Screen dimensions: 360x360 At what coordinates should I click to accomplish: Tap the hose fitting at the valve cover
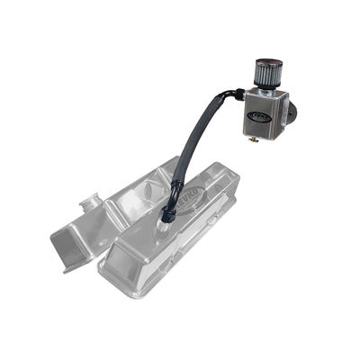tap(168, 212)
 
